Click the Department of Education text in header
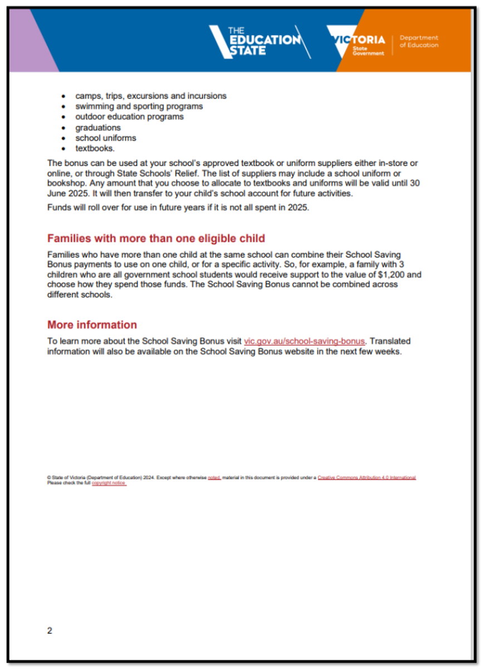419,42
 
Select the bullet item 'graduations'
98,128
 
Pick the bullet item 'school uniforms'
106,138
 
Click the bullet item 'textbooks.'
95,148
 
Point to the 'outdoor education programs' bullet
129,117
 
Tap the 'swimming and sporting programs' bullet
139,106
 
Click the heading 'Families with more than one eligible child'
156,239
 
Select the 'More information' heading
92,324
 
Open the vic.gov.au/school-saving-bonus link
305,341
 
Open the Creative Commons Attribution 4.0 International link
366,478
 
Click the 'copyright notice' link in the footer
109,483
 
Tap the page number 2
50,631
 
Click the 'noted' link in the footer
214,478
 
